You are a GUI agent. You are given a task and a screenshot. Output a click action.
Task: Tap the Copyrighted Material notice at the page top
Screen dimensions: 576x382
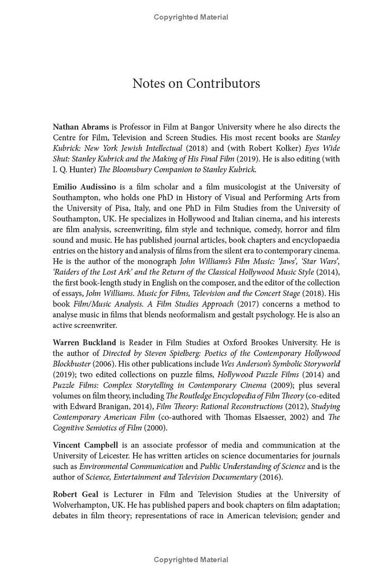(191, 17)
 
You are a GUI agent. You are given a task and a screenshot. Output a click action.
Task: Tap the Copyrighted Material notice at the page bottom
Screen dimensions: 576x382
(191, 559)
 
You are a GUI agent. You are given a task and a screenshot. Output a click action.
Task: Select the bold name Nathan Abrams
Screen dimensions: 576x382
(81, 127)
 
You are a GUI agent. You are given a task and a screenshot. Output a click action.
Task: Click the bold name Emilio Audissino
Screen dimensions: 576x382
(84, 187)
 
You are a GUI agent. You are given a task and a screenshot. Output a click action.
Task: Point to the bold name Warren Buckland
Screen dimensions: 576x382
(84, 342)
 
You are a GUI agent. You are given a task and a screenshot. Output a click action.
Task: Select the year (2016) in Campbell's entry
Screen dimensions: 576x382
(271, 477)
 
